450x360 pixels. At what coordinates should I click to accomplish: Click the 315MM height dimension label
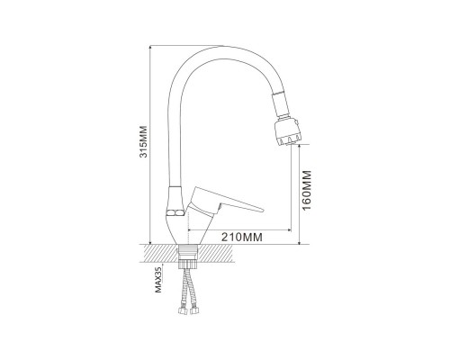pos(144,141)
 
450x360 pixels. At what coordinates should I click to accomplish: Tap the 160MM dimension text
pos(307,191)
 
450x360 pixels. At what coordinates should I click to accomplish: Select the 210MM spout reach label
pos(242,237)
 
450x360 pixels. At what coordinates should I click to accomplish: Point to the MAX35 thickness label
pos(158,280)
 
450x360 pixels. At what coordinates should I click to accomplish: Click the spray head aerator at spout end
pos(287,132)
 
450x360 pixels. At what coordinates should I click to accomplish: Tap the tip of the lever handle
pos(262,210)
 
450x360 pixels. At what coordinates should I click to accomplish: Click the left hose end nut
pos(183,310)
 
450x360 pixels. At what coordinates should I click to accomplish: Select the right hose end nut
pos(193,310)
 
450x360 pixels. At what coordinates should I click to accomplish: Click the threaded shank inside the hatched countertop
pos(187,253)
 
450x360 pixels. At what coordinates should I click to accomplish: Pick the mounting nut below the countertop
pos(187,265)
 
